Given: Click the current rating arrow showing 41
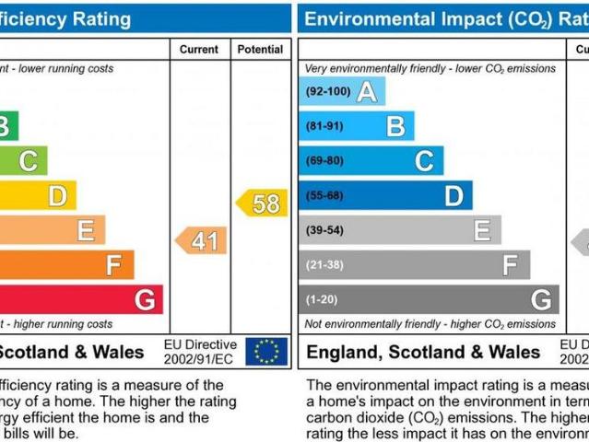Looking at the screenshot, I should [x=202, y=240].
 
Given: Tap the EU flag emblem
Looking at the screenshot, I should [x=266, y=351].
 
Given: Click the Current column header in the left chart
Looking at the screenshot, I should [x=199, y=49].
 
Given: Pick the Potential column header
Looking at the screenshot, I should [x=260, y=49].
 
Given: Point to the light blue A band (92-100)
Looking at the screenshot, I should [x=341, y=91].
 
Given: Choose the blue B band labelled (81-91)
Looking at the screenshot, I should [x=356, y=126].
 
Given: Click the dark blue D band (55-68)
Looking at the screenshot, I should [x=385, y=195].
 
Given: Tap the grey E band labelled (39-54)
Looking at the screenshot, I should [x=399, y=229].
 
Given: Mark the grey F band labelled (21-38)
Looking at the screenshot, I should [x=414, y=264].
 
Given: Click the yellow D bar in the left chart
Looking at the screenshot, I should [x=37, y=195].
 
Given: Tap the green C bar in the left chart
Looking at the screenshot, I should [x=23, y=161].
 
